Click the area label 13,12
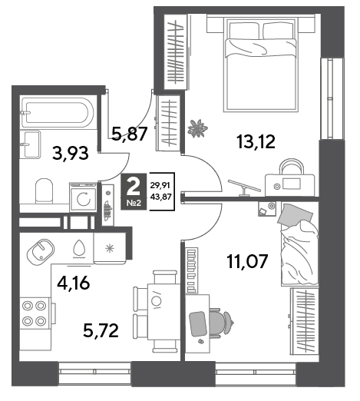click(x=256, y=142)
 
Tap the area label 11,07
click(x=247, y=261)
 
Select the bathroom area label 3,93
click(x=71, y=153)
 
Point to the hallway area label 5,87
click(x=130, y=134)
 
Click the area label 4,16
click(x=74, y=283)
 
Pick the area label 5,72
click(x=101, y=330)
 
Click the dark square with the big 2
click(x=134, y=191)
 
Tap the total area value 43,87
click(x=161, y=197)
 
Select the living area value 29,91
click(x=161, y=185)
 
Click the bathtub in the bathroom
click(x=58, y=113)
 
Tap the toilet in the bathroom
click(x=44, y=191)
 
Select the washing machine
click(x=83, y=197)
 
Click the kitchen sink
click(x=41, y=252)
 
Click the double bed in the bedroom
click(x=261, y=64)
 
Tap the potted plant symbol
click(x=197, y=128)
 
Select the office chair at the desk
click(x=220, y=322)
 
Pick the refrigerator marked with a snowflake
click(x=110, y=248)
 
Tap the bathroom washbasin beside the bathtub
click(x=31, y=144)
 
